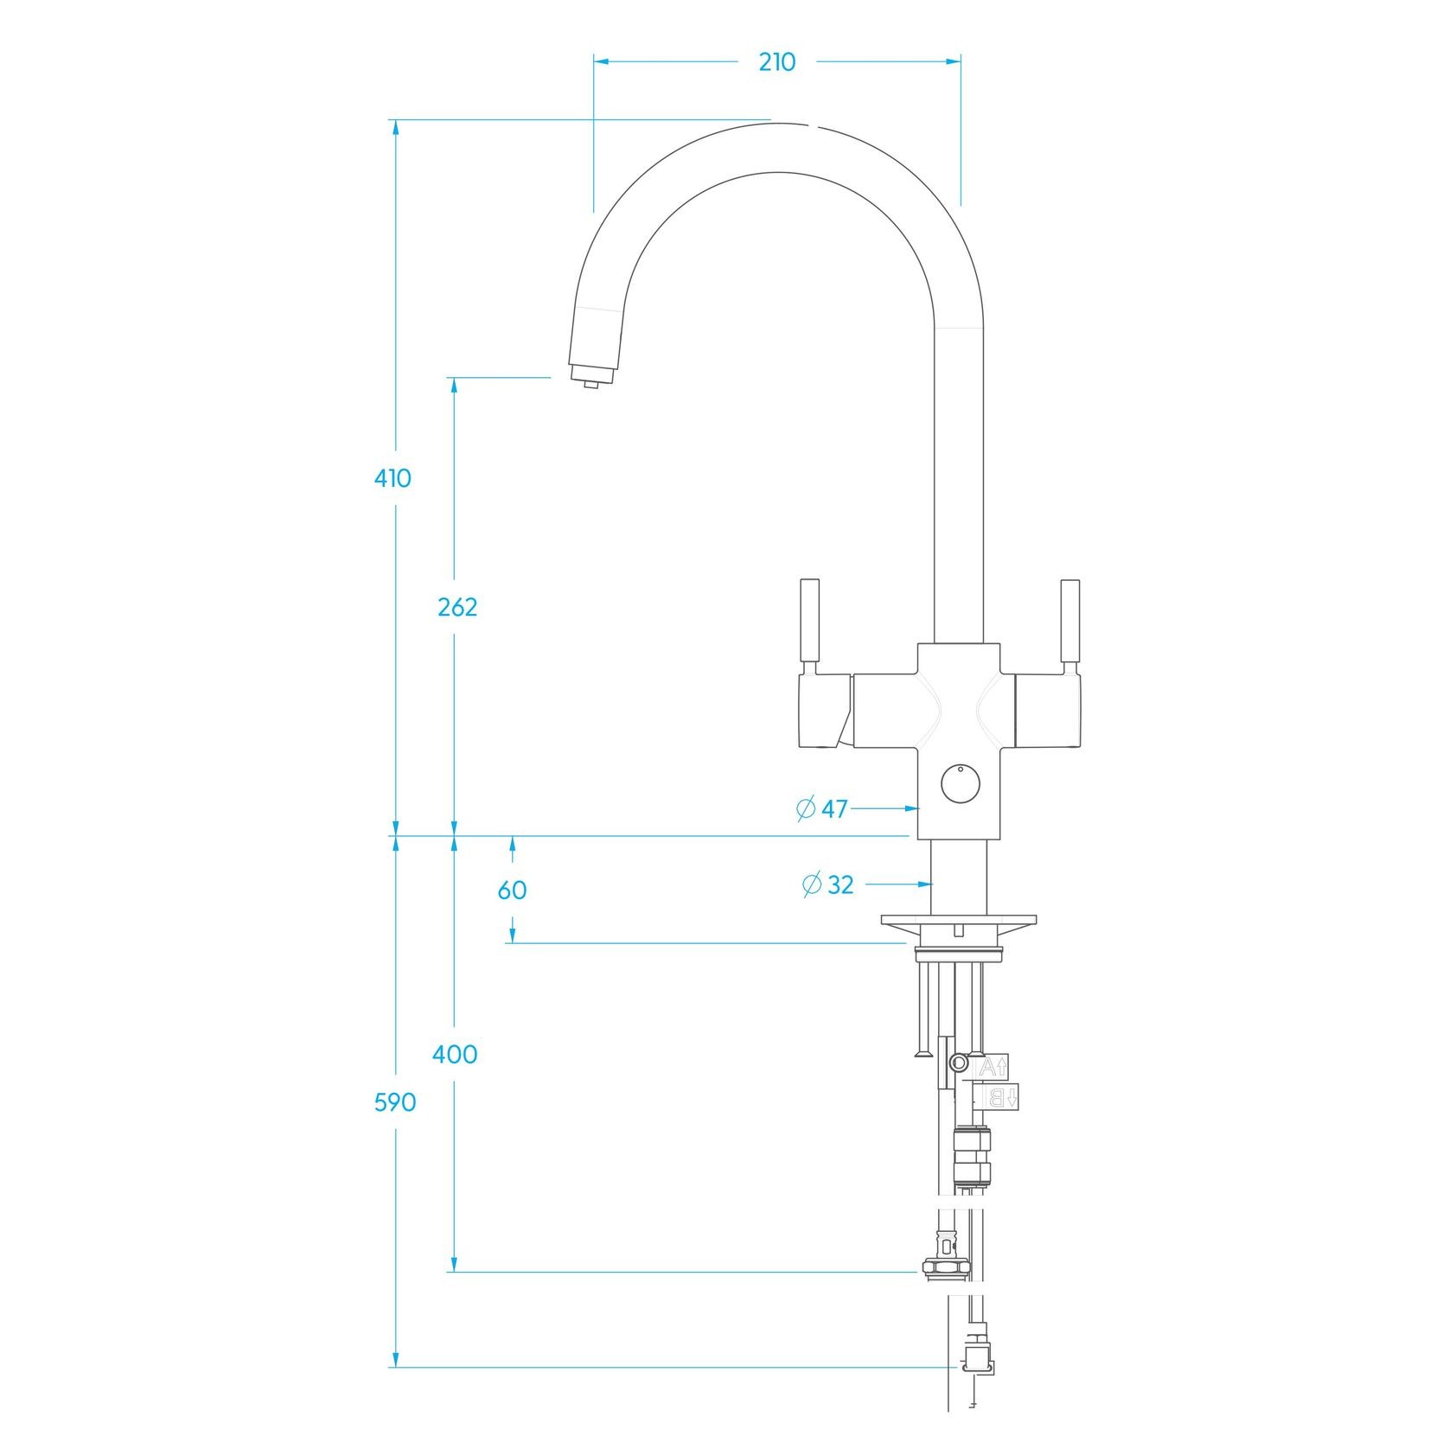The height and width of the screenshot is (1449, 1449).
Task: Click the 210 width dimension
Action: click(776, 62)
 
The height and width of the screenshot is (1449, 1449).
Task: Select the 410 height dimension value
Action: click(393, 478)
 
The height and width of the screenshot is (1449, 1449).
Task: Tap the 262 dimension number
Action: click(457, 608)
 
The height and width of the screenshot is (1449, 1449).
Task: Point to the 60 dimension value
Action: click(512, 890)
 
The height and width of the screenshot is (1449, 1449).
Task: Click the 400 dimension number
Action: click(455, 1054)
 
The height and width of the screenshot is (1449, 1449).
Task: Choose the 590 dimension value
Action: click(395, 1102)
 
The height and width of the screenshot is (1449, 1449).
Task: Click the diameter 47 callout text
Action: click(822, 809)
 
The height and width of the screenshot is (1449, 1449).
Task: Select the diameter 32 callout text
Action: click(828, 884)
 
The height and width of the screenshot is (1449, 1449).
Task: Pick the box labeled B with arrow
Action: click(999, 1097)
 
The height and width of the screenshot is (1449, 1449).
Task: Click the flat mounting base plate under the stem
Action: click(958, 920)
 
